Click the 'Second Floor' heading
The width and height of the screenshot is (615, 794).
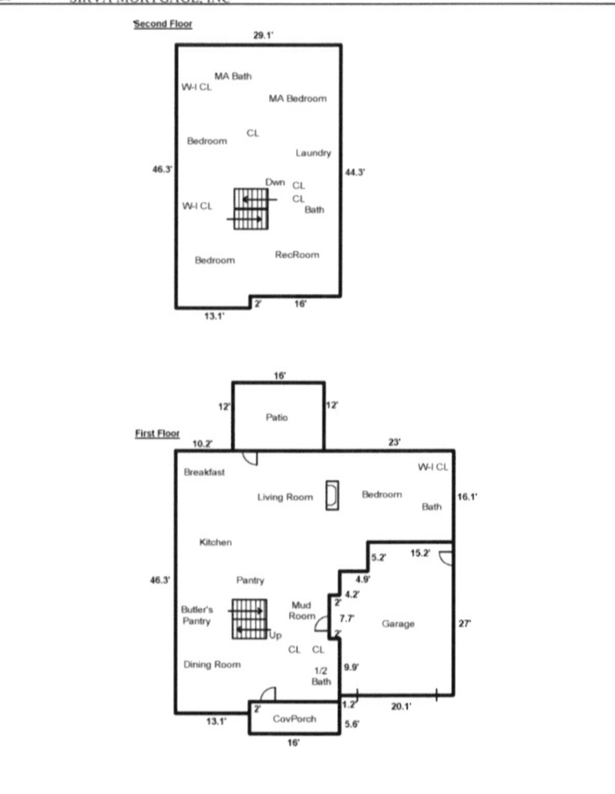pyautogui.click(x=163, y=24)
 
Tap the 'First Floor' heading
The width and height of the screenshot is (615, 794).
pyautogui.click(x=157, y=434)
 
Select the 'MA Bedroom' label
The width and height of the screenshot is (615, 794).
pyautogui.click(x=297, y=98)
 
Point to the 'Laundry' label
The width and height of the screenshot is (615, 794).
pyautogui.click(x=313, y=153)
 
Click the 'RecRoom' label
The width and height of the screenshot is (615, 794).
pyautogui.click(x=297, y=255)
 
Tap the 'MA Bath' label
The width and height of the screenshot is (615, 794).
pyautogui.click(x=233, y=76)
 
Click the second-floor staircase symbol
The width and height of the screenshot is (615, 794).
pyautogui.click(x=251, y=209)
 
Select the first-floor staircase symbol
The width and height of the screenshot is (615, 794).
pyautogui.click(x=249, y=619)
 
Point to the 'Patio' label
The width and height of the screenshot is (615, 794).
pyautogui.click(x=276, y=417)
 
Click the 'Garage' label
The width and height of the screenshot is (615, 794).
pyautogui.click(x=398, y=624)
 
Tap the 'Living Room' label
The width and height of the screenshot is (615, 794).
pyautogui.click(x=284, y=498)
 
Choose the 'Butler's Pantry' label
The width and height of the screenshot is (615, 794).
pyautogui.click(x=197, y=615)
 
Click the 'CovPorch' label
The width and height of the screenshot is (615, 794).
pyautogui.click(x=294, y=719)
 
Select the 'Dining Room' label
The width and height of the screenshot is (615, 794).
pyautogui.click(x=212, y=665)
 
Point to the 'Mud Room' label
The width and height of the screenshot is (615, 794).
pyautogui.click(x=302, y=611)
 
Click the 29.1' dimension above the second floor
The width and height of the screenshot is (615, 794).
pyautogui.click(x=263, y=36)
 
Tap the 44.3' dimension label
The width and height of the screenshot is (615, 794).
pyautogui.click(x=355, y=173)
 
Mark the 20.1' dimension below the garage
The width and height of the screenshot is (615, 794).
pyautogui.click(x=401, y=707)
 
